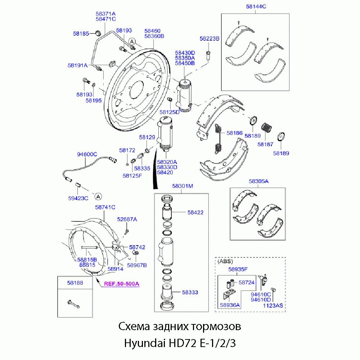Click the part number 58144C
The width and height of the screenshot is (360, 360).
coord(256,6)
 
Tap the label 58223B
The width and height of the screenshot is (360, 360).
coord(210,38)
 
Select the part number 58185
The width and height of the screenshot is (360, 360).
coord(81,33)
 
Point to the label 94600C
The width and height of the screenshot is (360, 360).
coord(87,154)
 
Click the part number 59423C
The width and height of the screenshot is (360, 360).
coord(78,198)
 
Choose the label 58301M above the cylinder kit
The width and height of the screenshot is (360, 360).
coord(183,186)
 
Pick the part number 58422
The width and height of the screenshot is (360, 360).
coord(195,212)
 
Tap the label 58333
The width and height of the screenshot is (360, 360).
coord(190,293)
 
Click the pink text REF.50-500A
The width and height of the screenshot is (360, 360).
coord(121,284)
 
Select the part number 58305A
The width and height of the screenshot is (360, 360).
coord(258,181)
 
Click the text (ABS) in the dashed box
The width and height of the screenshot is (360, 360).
coord(225,262)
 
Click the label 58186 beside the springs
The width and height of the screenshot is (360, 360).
coord(234,133)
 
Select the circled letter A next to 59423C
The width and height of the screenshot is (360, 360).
coord(98,196)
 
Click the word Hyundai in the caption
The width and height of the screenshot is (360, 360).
coord(143,343)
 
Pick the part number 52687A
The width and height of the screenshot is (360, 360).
coord(127,219)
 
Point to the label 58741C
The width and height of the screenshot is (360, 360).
coord(105,207)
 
